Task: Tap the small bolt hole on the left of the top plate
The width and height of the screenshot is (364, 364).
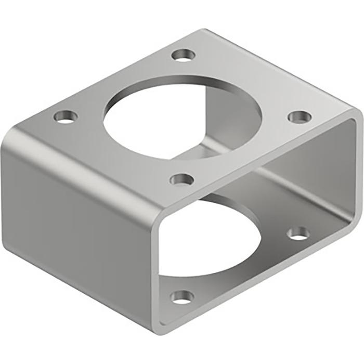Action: pos(65,116)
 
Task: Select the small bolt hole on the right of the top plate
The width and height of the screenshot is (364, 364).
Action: pos(299,116)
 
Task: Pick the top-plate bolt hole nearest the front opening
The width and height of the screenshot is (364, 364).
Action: pos(182,180)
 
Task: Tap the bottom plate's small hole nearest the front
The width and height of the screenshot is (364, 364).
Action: pos(182,297)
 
